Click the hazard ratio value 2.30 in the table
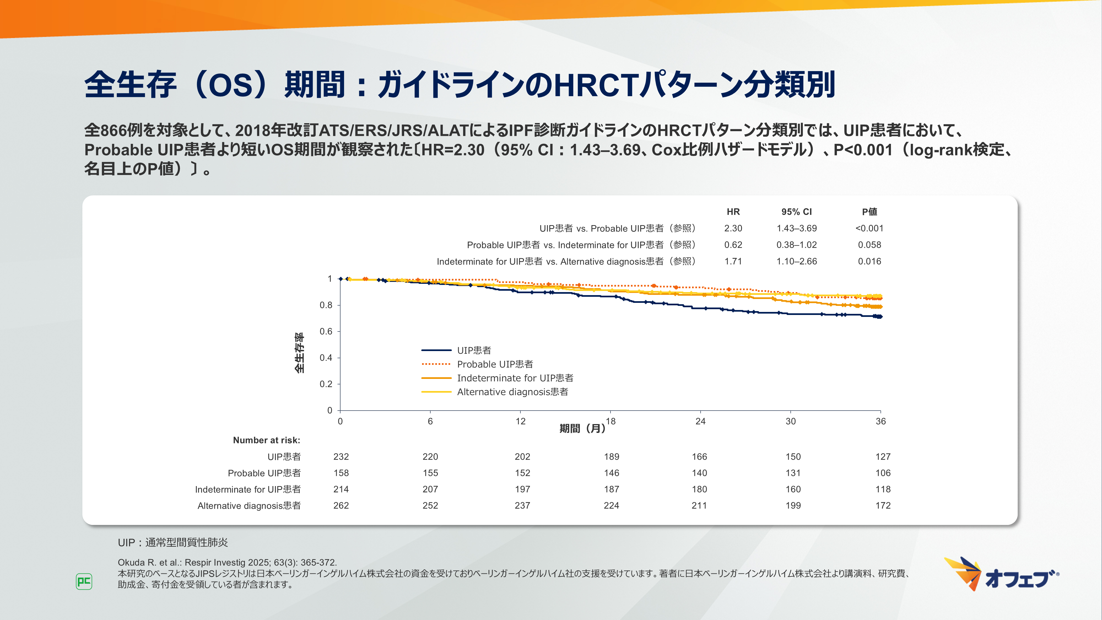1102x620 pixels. pos(733,228)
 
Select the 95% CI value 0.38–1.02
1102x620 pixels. pos(796,245)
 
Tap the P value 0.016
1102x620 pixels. pos(869,261)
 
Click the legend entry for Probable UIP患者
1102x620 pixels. pos(495,364)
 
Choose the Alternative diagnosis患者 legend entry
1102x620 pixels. pos(512,392)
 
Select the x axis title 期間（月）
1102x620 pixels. pos(582,428)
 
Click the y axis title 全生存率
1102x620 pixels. pos(299,353)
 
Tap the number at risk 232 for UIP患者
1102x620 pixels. pos(341,457)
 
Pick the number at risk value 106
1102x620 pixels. pos(882,473)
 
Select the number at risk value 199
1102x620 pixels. pos(793,505)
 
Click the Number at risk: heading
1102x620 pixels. pos(266,440)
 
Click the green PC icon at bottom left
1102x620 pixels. pos(84,581)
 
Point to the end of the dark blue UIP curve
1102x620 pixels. pos(880,317)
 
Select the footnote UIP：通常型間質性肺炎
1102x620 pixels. pos(173,543)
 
